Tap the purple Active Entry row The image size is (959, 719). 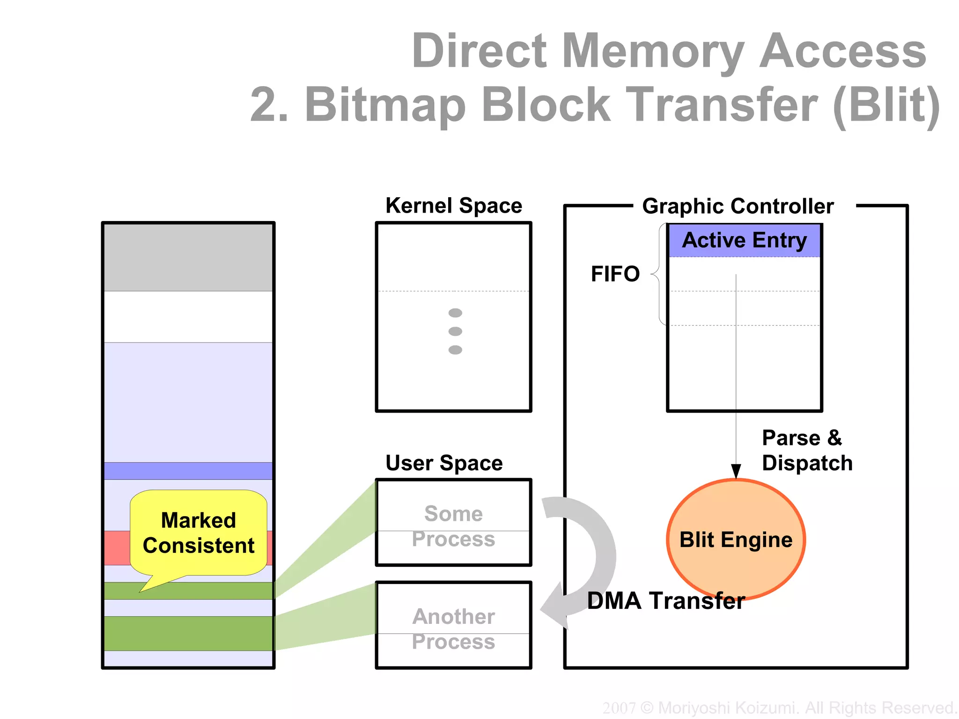[x=745, y=240]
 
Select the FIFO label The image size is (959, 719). [x=615, y=274]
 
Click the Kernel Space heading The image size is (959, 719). [x=453, y=206]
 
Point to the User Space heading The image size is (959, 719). [x=444, y=463]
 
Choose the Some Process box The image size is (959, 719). [x=453, y=523]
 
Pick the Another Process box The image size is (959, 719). [x=453, y=625]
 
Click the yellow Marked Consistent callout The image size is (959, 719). [x=199, y=533]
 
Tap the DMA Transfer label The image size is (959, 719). [x=665, y=601]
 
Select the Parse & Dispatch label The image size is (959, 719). [x=806, y=450]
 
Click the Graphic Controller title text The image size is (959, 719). [x=738, y=206]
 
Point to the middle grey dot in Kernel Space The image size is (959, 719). [x=455, y=331]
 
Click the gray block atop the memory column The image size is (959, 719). [x=188, y=257]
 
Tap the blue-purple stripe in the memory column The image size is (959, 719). [x=188, y=471]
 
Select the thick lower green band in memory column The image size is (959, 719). [x=188, y=633]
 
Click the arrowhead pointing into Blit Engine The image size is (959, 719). [x=736, y=471]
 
